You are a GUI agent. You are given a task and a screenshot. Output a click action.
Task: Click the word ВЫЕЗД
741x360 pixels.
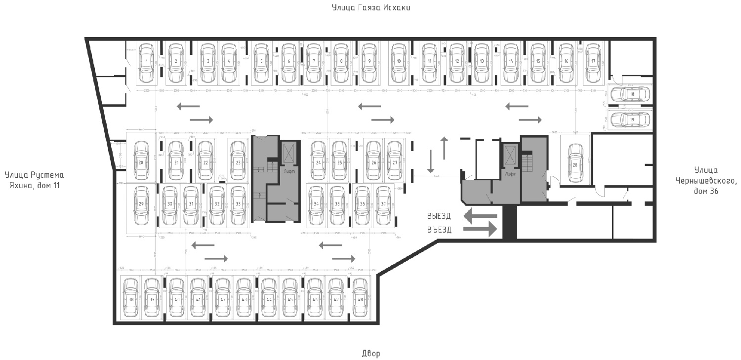439,216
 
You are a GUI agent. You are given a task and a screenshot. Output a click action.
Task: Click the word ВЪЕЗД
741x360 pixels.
439,230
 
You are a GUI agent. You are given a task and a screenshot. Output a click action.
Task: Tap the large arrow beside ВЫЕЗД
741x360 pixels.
479,215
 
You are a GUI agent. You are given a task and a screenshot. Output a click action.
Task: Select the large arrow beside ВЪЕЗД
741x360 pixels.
479,229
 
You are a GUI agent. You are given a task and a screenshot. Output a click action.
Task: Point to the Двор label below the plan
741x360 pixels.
371,354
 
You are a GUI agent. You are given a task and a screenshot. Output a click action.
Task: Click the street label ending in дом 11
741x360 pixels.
34,180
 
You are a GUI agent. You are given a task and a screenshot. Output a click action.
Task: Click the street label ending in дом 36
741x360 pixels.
705,180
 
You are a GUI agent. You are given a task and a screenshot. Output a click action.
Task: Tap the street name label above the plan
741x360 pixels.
371,8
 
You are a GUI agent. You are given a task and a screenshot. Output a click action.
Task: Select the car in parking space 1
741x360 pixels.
146,63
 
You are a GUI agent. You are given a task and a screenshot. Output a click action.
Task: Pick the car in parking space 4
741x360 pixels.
229,63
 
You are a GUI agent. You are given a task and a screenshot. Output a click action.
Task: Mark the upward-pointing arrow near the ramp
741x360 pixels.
444,147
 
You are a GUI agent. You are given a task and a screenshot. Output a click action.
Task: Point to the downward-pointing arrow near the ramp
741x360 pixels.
431,162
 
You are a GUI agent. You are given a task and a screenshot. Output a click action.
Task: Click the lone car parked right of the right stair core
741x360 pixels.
575,162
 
